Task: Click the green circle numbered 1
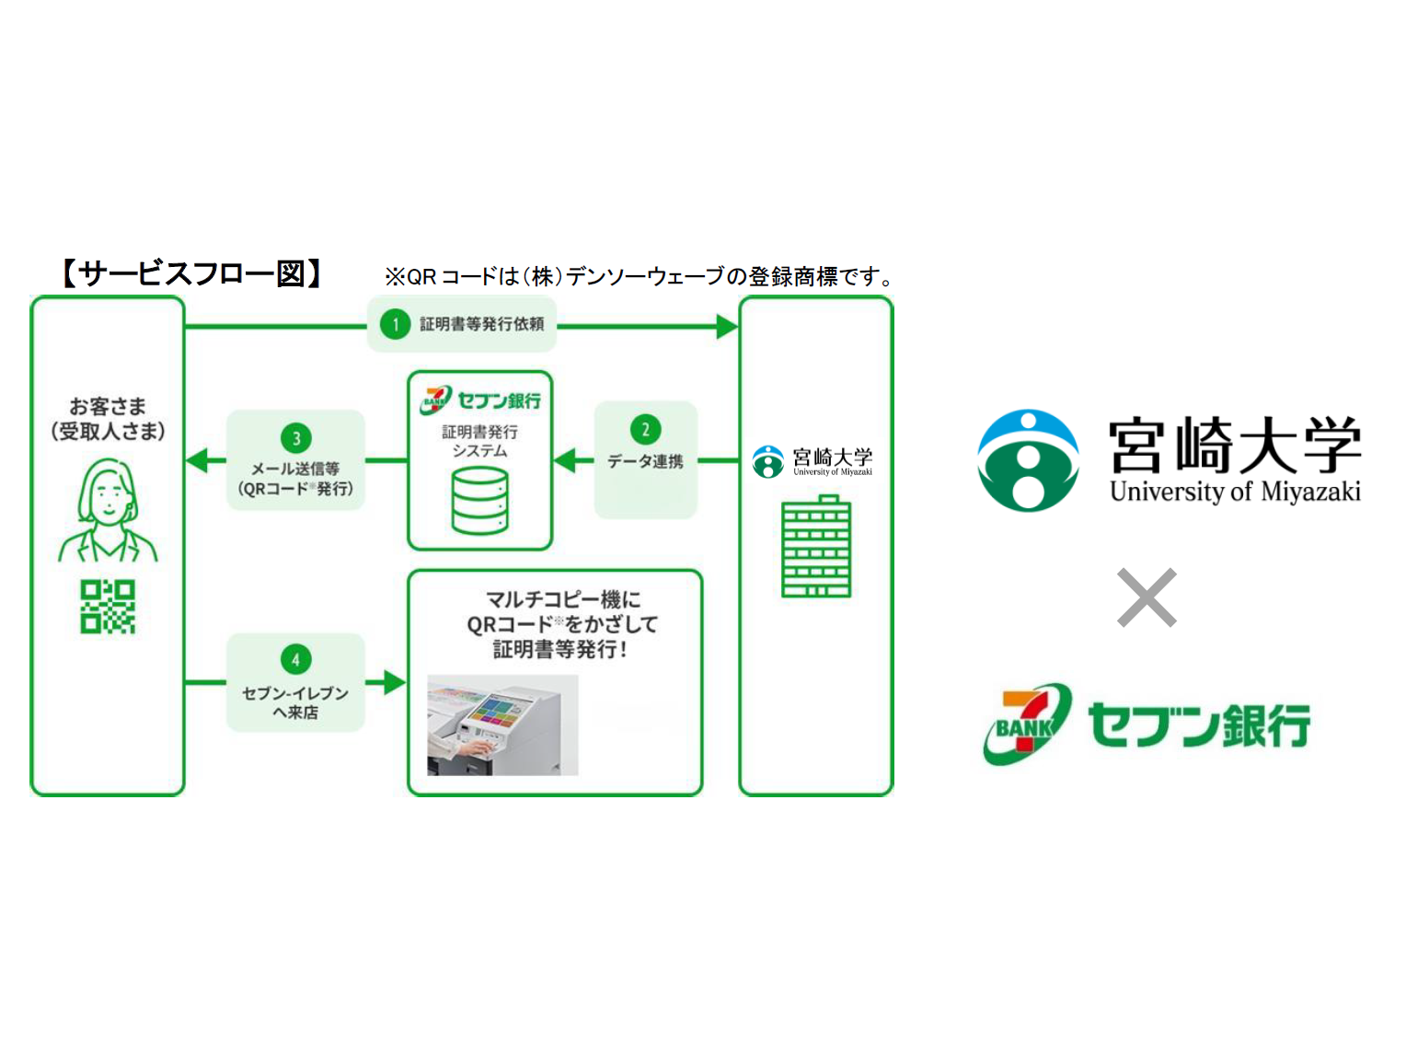click(x=396, y=324)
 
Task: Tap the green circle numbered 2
click(x=645, y=429)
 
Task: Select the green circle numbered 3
click(x=295, y=438)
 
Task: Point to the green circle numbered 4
click(x=295, y=659)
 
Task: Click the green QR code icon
click(x=108, y=606)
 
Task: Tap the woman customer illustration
click(x=109, y=512)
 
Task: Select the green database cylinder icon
click(x=479, y=501)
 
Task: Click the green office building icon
click(x=816, y=548)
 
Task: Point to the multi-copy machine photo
click(x=502, y=725)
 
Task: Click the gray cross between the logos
click(x=1147, y=597)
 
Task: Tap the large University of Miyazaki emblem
click(x=1028, y=460)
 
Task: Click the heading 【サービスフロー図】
click(x=191, y=273)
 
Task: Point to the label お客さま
click(x=108, y=406)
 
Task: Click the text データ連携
click(x=645, y=461)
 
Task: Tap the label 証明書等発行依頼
click(x=482, y=324)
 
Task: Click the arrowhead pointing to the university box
click(x=727, y=326)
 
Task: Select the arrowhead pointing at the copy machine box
click(x=395, y=682)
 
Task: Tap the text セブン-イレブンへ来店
click(x=295, y=702)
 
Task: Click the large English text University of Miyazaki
click(x=1235, y=492)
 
